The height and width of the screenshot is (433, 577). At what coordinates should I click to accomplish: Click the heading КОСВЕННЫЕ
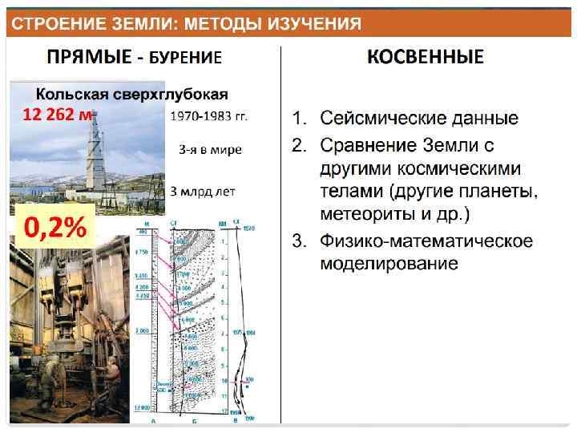tap(425, 57)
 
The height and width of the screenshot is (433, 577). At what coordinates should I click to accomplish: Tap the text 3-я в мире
tap(210, 149)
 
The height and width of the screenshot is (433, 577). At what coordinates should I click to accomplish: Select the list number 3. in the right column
tap(298, 241)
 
